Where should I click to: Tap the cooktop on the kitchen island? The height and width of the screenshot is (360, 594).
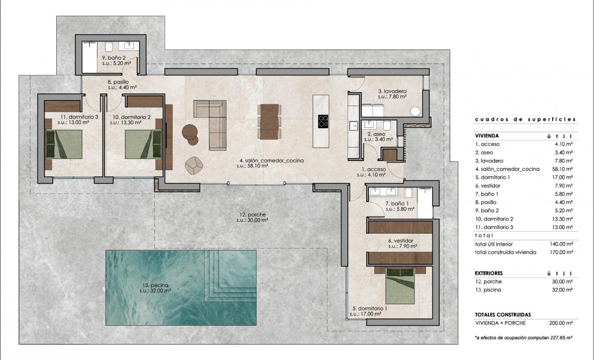pyautogui.click(x=323, y=121)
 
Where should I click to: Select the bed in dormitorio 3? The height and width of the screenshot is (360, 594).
pyautogui.click(x=63, y=144)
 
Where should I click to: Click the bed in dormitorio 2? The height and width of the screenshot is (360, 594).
pyautogui.click(x=143, y=144)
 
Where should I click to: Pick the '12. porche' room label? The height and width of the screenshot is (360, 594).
pyautogui.click(x=252, y=215)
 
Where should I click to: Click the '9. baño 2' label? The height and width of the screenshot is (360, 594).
pyautogui.click(x=116, y=58)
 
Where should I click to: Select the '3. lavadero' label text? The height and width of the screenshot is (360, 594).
pyautogui.click(x=392, y=90)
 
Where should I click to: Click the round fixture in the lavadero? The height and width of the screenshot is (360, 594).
pyautogui.click(x=415, y=111)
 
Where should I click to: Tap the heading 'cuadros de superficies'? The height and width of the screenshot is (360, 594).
pyautogui.click(x=525, y=119)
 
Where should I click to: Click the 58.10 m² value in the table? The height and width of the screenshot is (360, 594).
pyautogui.click(x=563, y=169)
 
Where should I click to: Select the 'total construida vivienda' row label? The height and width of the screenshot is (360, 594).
pyautogui.click(x=505, y=252)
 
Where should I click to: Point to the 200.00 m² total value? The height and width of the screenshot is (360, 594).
pyautogui.click(x=563, y=323)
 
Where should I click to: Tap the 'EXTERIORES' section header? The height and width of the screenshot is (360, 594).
pyautogui.click(x=489, y=273)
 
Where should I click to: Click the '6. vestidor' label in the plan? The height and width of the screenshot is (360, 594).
pyautogui.click(x=400, y=241)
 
